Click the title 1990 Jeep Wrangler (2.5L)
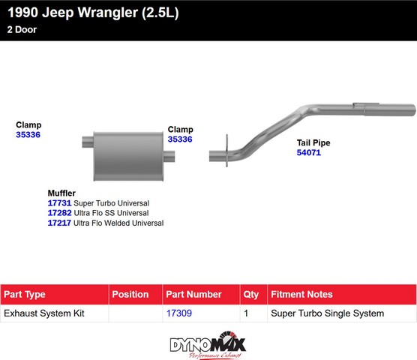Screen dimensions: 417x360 [93, 13]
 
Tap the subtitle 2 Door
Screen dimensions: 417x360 [22, 29]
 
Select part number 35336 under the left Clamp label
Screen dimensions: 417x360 [28, 134]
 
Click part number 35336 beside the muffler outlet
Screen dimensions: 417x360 [180, 139]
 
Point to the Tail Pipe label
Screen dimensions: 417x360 [313, 142]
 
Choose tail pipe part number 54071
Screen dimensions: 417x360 [309, 152]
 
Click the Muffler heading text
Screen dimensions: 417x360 [61, 193]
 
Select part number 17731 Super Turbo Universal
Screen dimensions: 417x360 [59, 203]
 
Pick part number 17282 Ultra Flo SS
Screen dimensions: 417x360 [59, 213]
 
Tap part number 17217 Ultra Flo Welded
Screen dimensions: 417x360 [59, 223]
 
